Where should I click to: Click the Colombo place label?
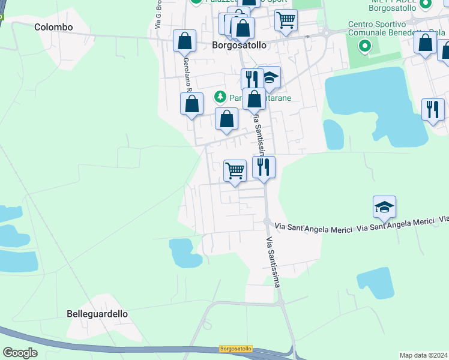(53, 27)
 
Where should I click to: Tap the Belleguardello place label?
(97, 314)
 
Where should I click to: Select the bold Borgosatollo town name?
(240, 45)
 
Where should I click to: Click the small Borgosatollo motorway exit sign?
(236, 349)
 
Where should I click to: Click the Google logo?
(20, 353)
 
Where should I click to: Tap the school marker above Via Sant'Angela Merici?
(384, 208)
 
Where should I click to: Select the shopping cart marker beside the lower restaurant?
(235, 170)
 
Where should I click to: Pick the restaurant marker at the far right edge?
(432, 110)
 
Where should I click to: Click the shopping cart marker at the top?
(286, 20)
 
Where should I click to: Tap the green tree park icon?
(220, 97)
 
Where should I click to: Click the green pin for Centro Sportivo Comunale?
(364, 46)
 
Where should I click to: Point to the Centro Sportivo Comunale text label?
(373, 28)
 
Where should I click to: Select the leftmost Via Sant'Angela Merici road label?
(313, 227)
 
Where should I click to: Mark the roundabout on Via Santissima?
(266, 221)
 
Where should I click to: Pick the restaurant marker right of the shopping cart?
(264, 167)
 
